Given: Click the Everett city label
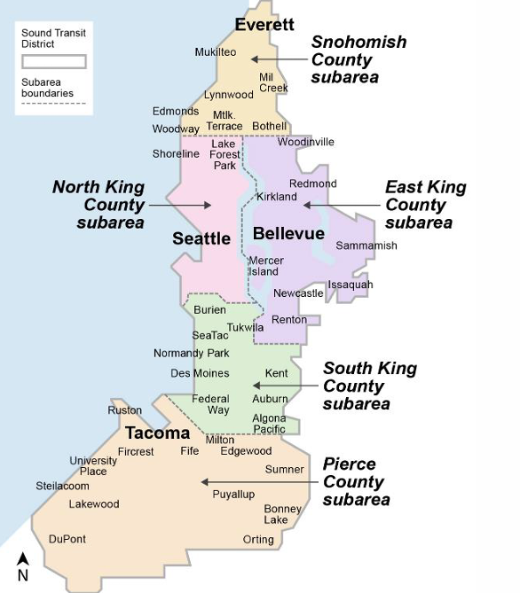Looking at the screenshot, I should [x=264, y=25].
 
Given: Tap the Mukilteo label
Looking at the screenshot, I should [x=216, y=52].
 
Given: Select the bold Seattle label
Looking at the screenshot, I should [x=201, y=238].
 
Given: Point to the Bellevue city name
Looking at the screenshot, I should [x=288, y=234].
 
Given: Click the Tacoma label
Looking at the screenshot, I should [x=157, y=433].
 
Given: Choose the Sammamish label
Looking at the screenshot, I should [x=366, y=246].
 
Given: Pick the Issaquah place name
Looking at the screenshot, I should [x=350, y=285].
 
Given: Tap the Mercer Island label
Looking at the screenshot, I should [x=265, y=266].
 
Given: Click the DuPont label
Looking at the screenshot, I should [x=67, y=539].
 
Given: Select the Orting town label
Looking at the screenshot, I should [x=258, y=540].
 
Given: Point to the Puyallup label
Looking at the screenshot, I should [x=233, y=494].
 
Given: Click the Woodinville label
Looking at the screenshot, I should [x=305, y=142].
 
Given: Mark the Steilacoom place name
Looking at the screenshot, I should [x=62, y=486].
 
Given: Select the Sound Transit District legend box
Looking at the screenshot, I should [x=54, y=62].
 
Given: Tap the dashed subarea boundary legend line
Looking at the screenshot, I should [x=54, y=104].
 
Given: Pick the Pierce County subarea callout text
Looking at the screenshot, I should [x=356, y=481].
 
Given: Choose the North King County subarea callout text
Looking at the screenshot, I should [x=98, y=205].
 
